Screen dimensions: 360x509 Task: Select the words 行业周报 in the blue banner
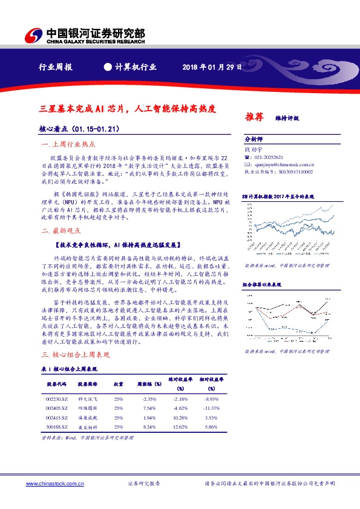tap(55, 67)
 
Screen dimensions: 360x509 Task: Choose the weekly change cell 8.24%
tap(149, 427)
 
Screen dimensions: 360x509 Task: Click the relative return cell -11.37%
tap(211, 408)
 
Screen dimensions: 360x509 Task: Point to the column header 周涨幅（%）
tap(149, 383)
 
